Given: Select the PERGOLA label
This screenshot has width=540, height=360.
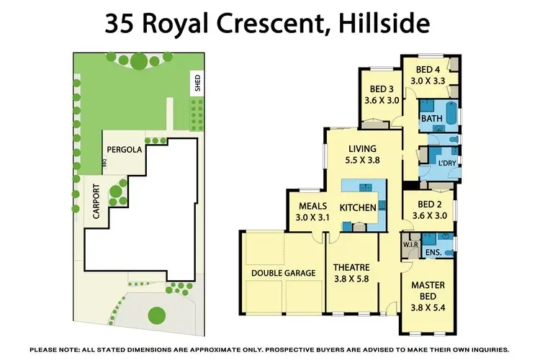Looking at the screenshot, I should [124, 150].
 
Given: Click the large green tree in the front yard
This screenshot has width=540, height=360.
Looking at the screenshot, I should [156, 315].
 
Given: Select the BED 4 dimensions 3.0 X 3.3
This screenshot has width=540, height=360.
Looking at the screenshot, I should [427, 81].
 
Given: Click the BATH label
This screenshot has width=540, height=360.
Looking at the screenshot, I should [431, 118].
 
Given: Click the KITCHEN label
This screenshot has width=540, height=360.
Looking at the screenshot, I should [358, 208].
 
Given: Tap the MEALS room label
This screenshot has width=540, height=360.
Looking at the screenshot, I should [314, 205].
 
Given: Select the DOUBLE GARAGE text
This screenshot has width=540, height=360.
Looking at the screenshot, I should [283, 273].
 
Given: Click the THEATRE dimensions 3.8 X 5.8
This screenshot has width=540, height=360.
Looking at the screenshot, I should [351, 280].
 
